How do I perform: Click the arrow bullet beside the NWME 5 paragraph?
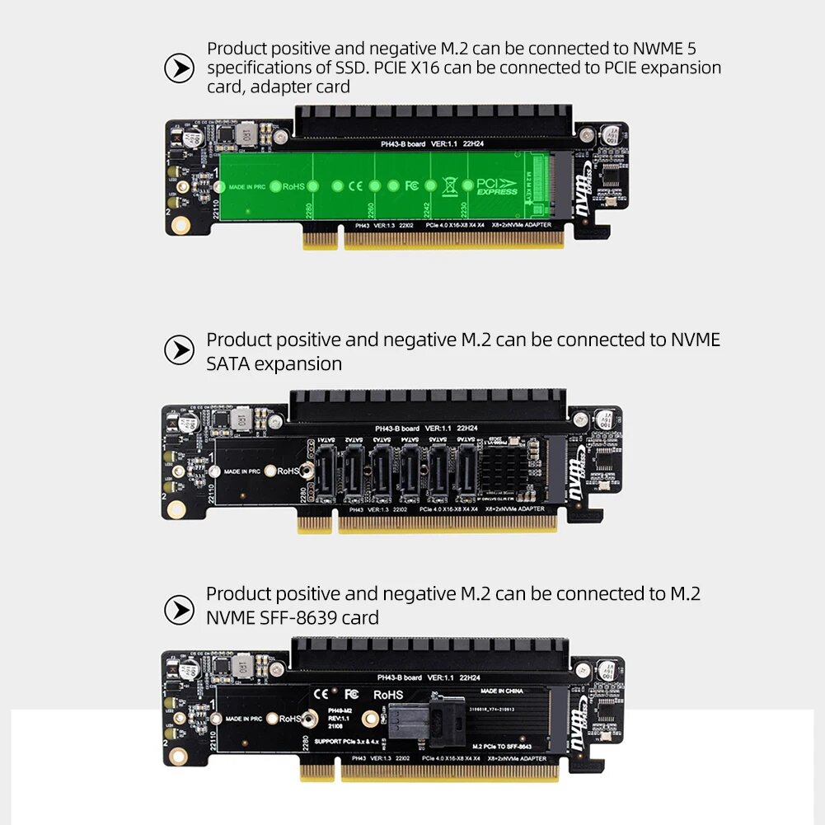[179, 68]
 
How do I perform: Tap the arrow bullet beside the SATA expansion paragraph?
[179, 350]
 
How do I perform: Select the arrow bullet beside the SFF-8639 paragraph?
[179, 610]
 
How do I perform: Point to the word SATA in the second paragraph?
[232, 363]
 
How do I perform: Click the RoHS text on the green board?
[294, 187]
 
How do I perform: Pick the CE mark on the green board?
[355, 186]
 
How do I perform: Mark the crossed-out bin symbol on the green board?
[449, 185]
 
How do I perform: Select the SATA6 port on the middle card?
[466, 476]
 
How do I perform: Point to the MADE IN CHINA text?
[502, 691]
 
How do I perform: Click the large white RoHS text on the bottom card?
[388, 695]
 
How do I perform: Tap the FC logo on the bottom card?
[350, 694]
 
